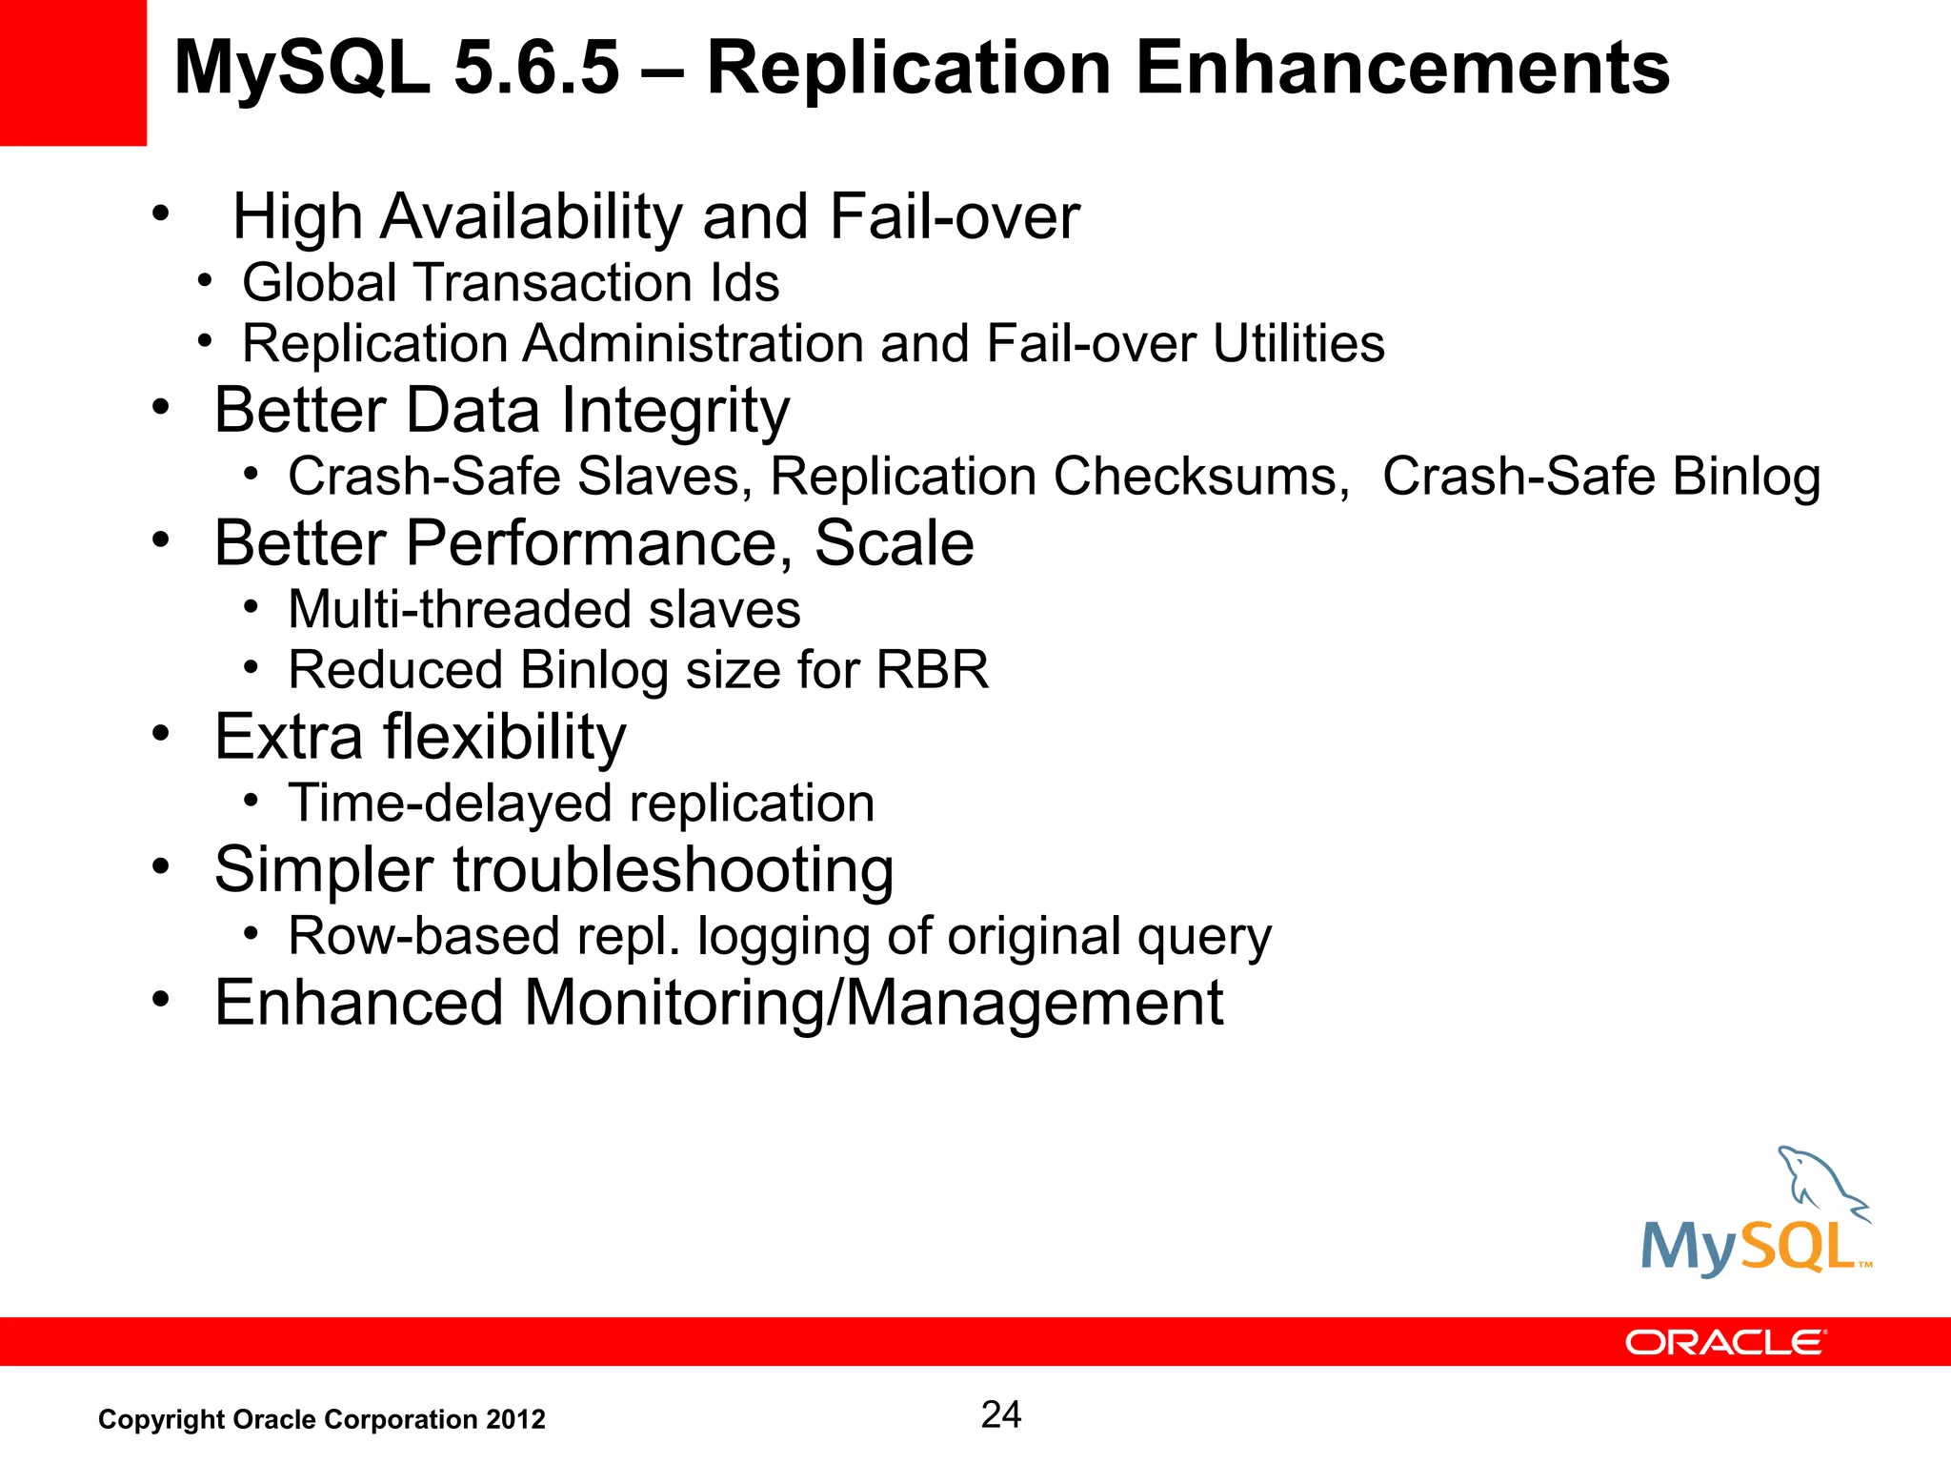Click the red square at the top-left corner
pos(72,72)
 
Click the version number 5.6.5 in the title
pos(537,69)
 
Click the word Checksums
pos(1201,476)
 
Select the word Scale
pos(894,543)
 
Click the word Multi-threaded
pos(460,609)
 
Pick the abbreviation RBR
pos(932,669)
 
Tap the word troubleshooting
pos(673,870)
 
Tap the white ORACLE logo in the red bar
pos(1725,1342)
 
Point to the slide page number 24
pos(1000,1414)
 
